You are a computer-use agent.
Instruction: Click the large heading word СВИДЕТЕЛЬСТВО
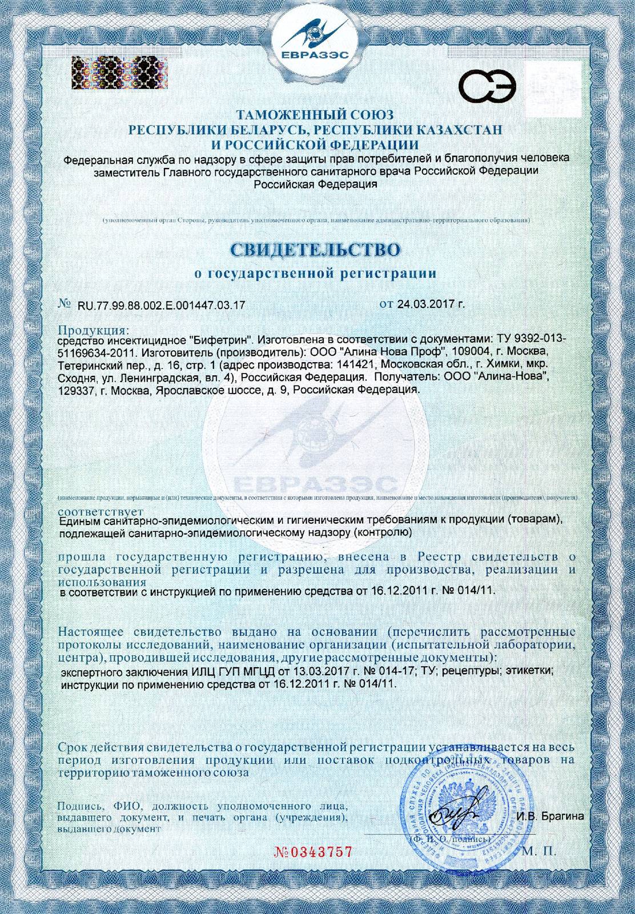click(x=315, y=250)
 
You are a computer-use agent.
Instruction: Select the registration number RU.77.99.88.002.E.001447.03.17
click(x=160, y=305)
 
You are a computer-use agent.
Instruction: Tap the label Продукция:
click(x=94, y=330)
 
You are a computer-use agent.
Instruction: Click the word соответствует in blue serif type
click(x=102, y=510)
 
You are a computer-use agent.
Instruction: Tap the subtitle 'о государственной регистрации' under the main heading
click(x=315, y=274)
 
